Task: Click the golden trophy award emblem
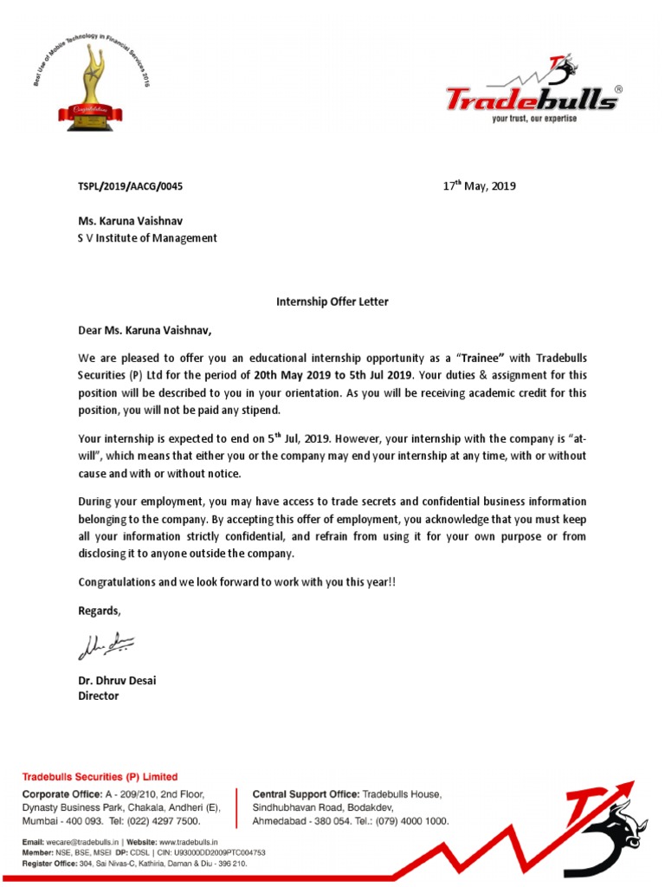point(90,87)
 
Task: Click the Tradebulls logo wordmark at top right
point(531,99)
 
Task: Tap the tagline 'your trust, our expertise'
point(533,119)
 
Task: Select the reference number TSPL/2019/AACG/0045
point(131,186)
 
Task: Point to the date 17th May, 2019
point(479,185)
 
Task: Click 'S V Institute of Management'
point(147,238)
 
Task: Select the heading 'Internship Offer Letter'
point(332,301)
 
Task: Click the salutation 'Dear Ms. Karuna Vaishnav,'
point(145,330)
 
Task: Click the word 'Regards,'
point(100,611)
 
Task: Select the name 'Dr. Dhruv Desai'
point(117,681)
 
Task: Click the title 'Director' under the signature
point(99,696)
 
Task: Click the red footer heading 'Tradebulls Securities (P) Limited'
point(100,777)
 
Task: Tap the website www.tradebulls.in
point(188,841)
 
